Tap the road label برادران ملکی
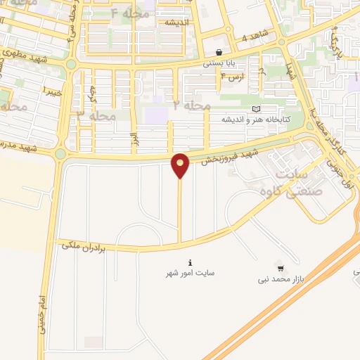[77, 245]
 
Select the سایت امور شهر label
[191, 272]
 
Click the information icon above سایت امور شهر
[190, 262]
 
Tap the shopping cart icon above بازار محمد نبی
[281, 269]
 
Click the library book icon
[256, 109]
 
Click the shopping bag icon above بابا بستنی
[219, 52]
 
